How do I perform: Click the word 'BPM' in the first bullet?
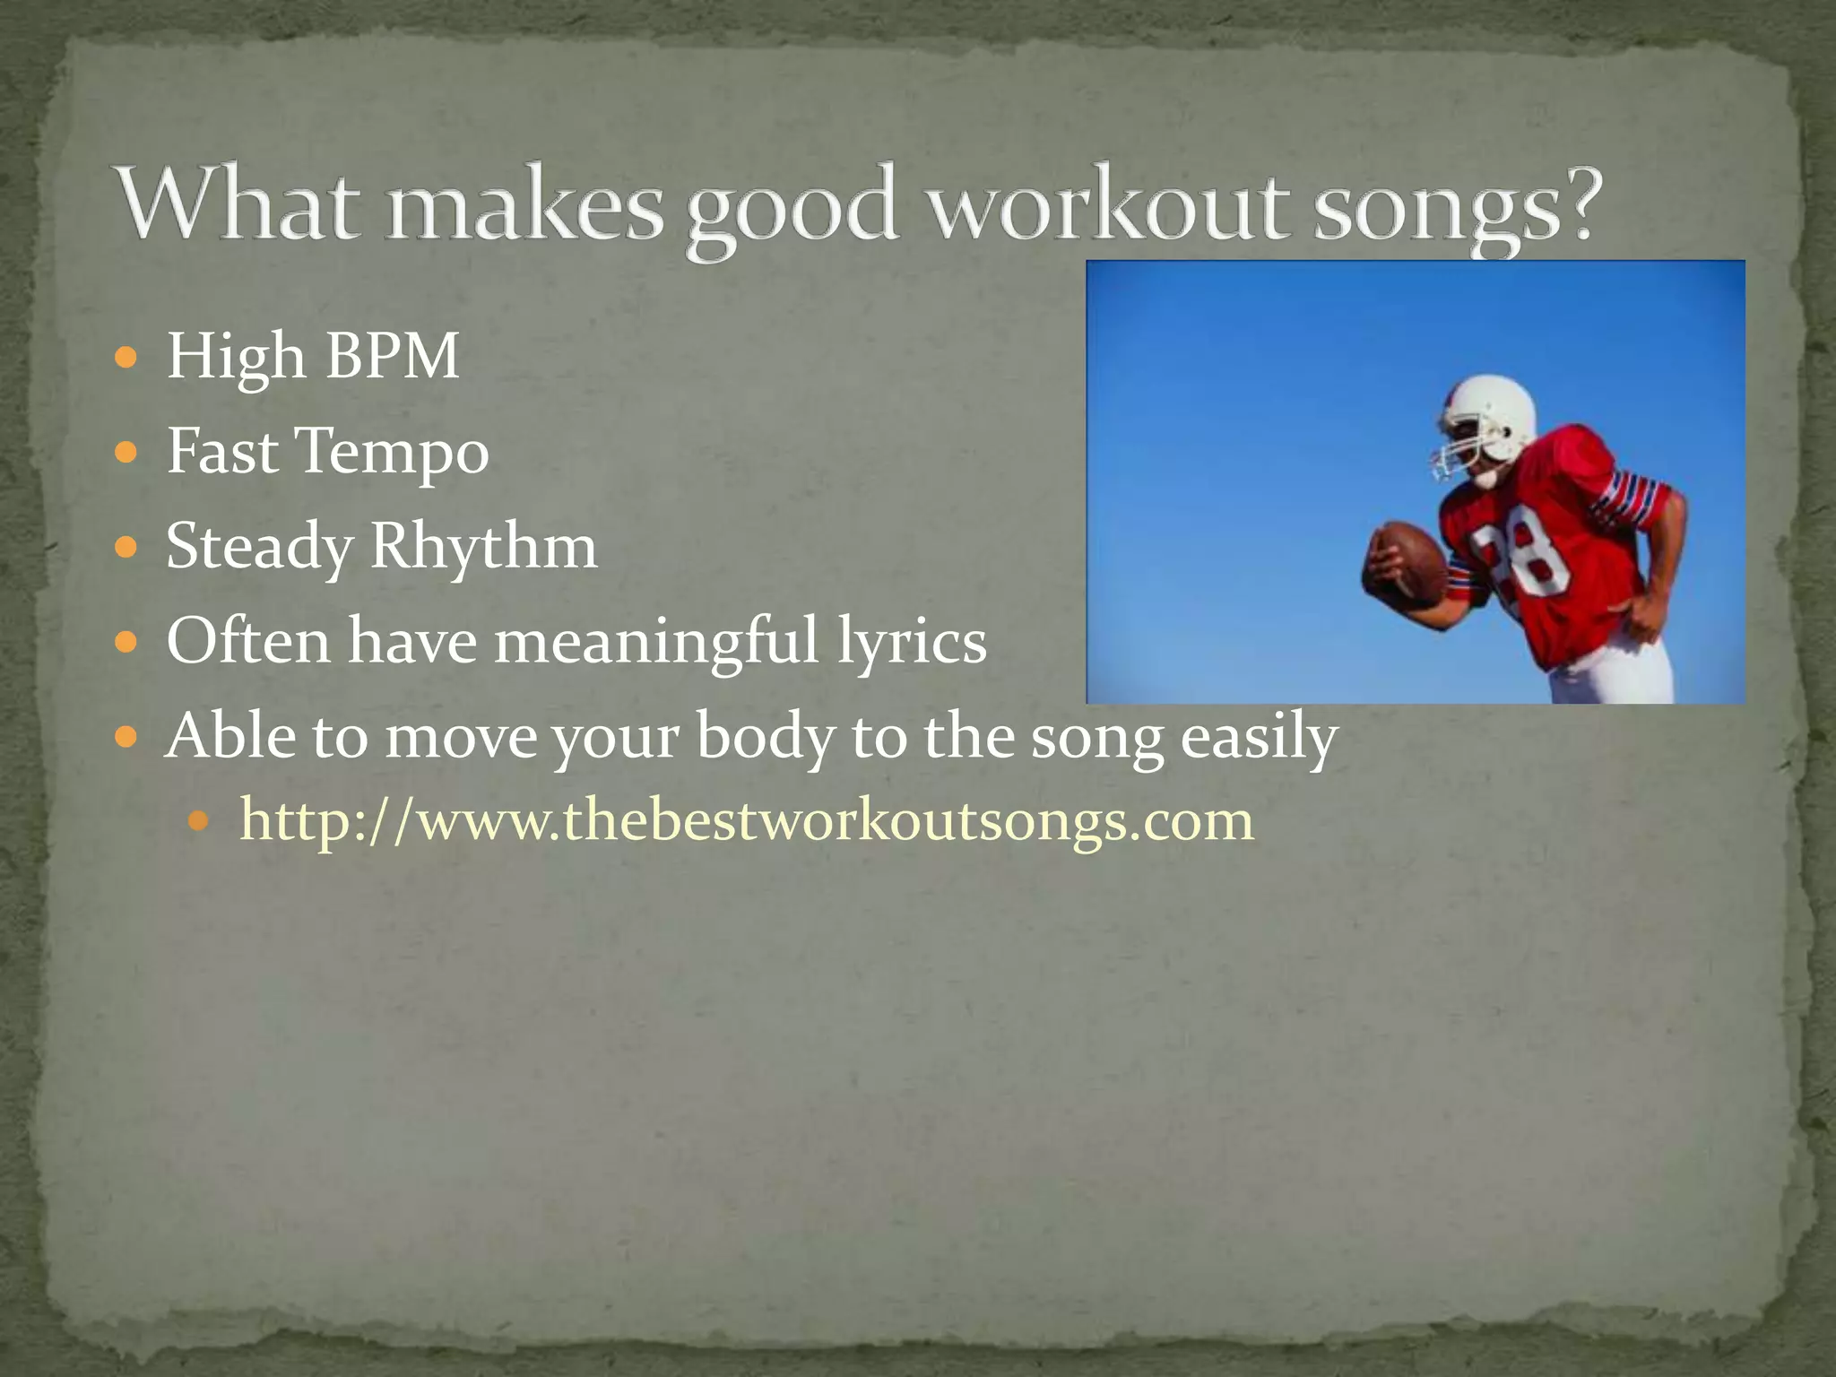coord(392,357)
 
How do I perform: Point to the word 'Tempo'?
coord(393,453)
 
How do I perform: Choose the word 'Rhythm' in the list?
coord(483,547)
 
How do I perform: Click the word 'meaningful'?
coord(656,642)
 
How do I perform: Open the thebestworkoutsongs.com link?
coord(746,820)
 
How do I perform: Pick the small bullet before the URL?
coord(200,820)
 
